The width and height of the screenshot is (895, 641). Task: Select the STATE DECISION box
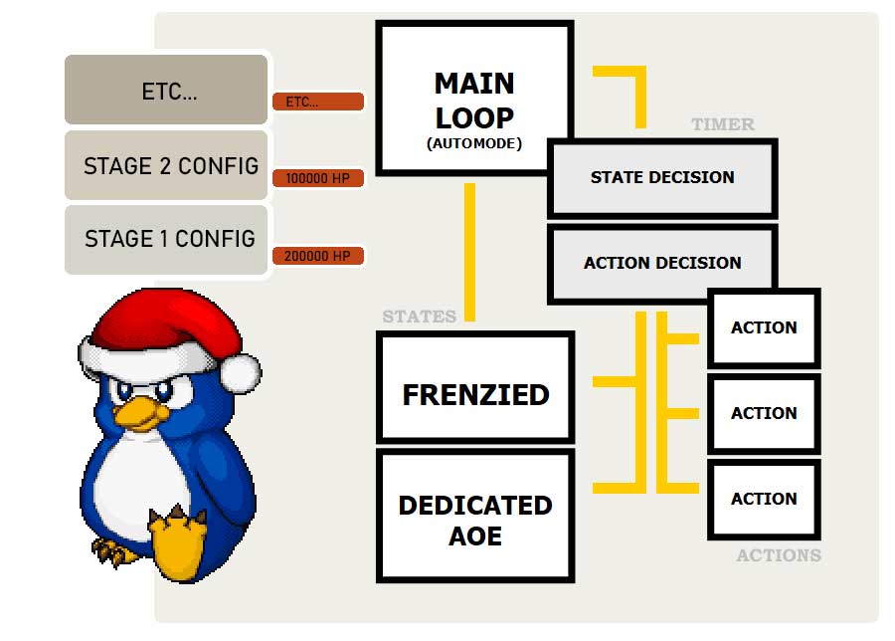(662, 177)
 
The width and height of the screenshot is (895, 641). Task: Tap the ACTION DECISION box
(662, 263)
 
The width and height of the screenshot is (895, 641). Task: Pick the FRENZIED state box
(475, 394)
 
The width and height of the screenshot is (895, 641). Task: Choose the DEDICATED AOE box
(475, 519)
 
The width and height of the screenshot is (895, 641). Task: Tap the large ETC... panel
(167, 92)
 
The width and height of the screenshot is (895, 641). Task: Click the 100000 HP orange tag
(317, 178)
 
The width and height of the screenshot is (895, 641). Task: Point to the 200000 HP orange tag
(317, 256)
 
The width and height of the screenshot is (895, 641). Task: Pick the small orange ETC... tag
(317, 102)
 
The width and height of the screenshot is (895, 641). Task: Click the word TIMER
(723, 124)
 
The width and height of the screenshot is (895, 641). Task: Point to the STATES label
(419, 317)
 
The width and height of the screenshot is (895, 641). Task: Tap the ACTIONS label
(779, 555)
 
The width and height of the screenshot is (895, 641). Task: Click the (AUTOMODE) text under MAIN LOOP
(474, 143)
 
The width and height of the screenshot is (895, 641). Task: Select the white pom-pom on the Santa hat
(240, 373)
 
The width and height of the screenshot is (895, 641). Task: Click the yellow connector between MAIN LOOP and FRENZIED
(469, 253)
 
